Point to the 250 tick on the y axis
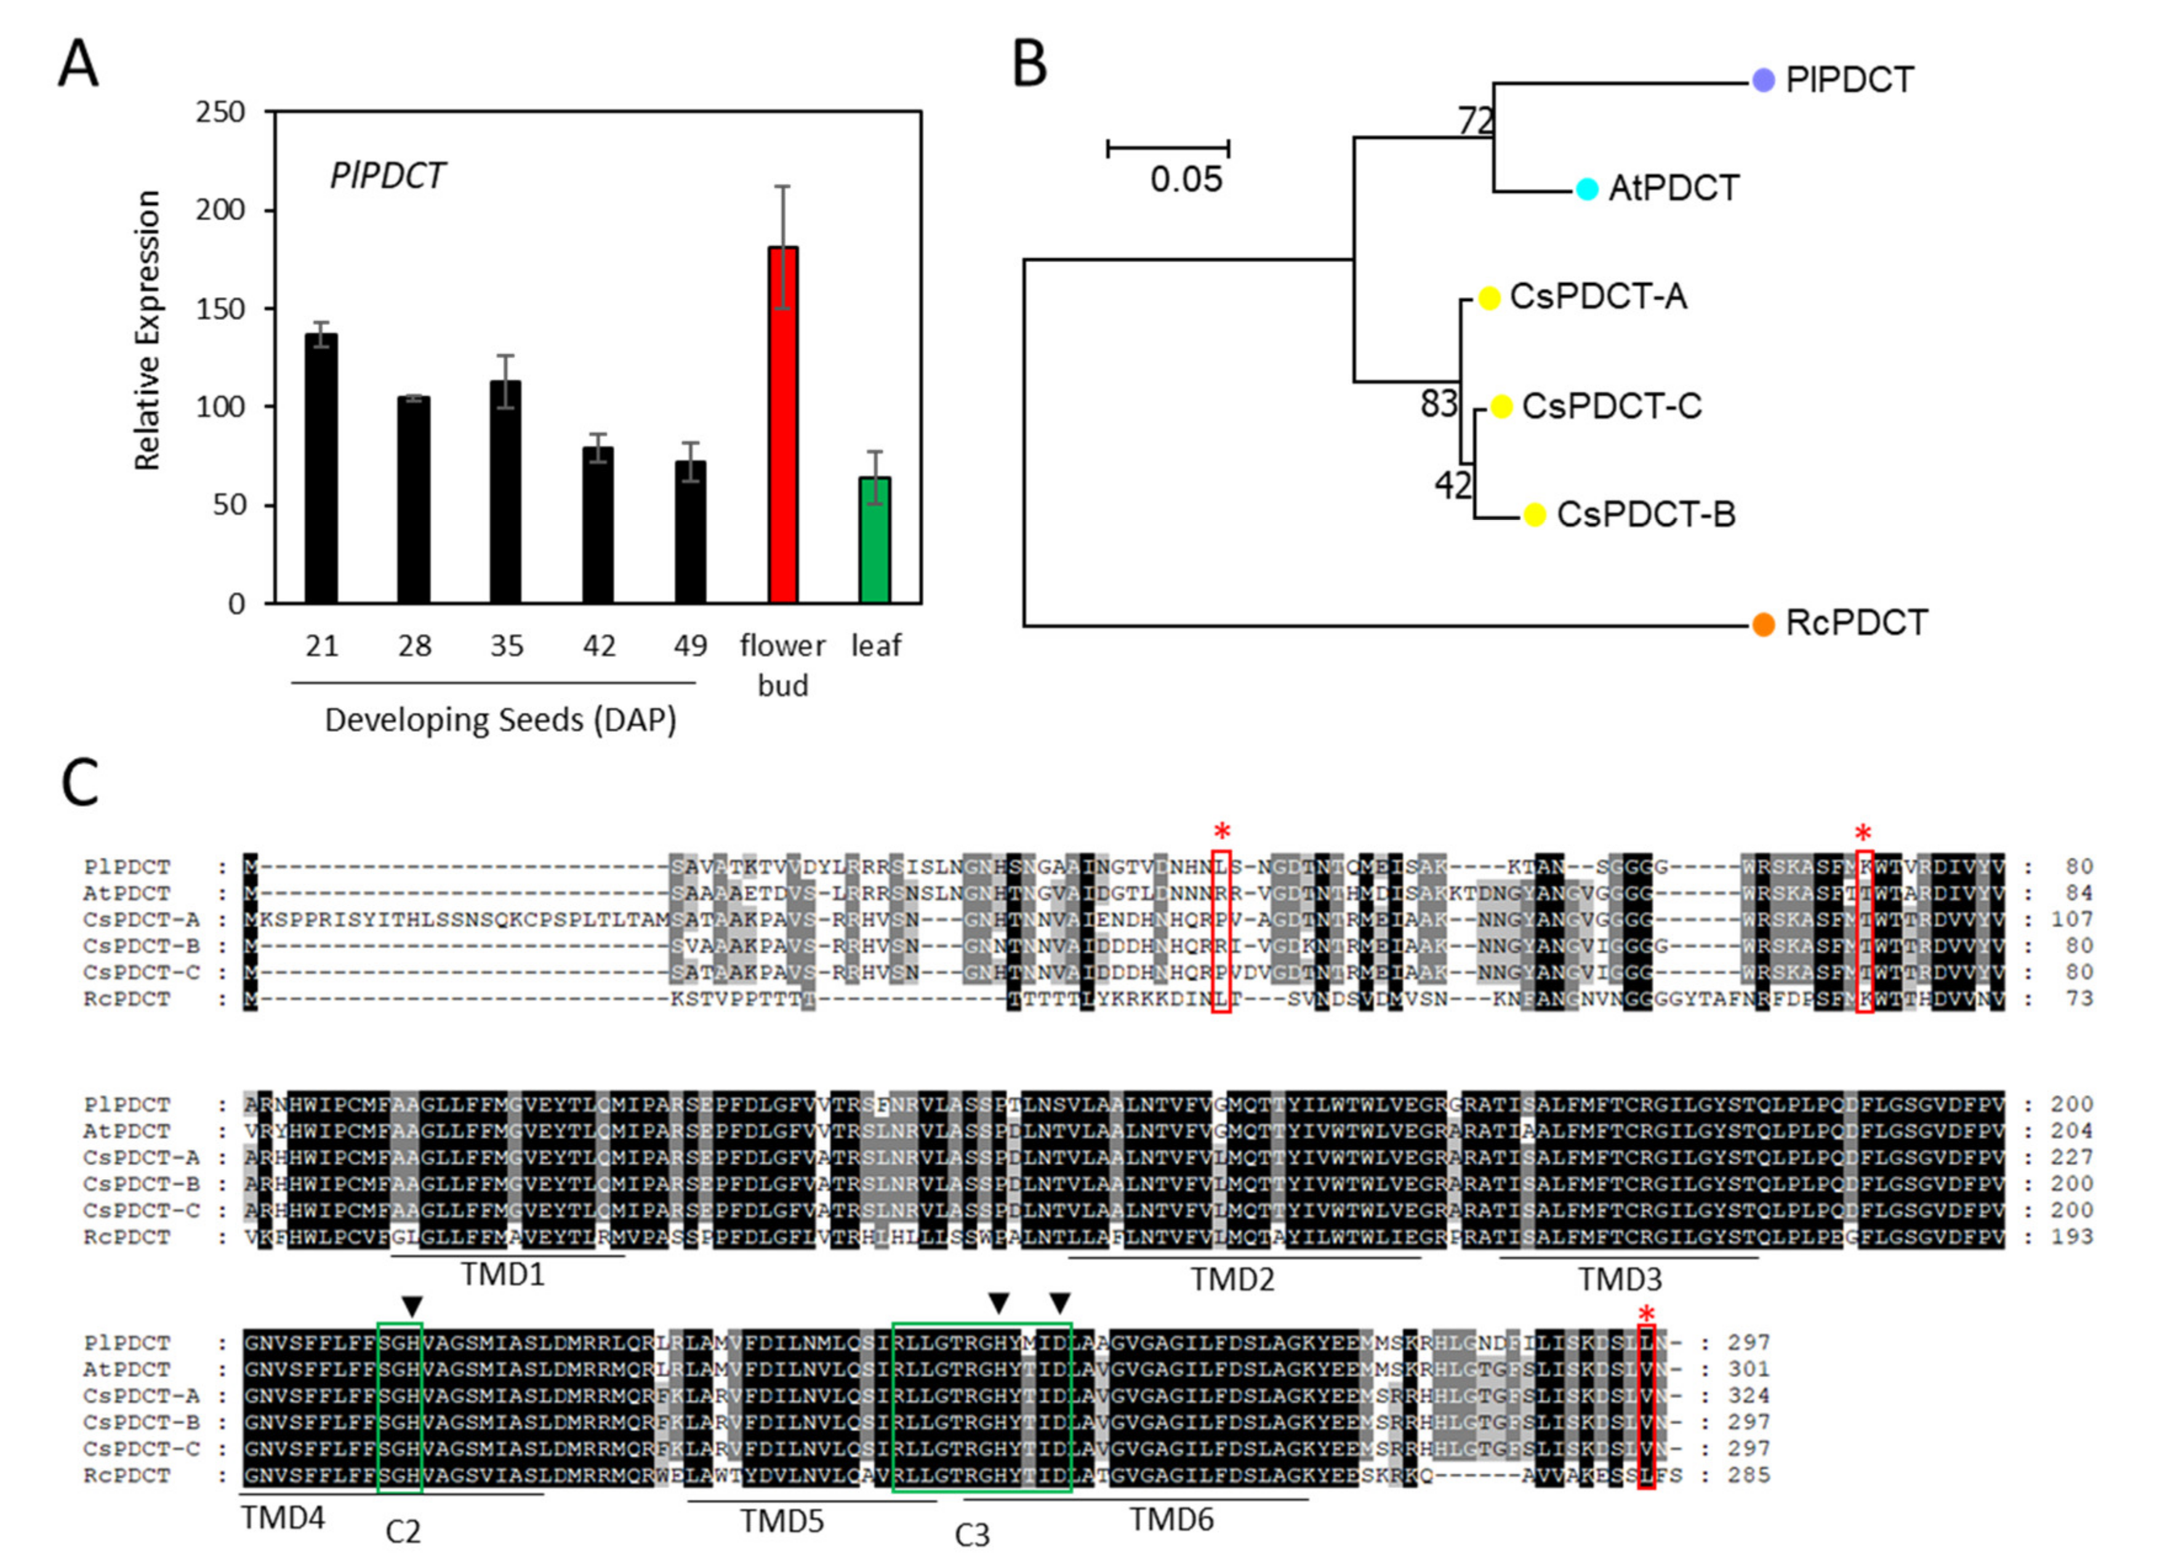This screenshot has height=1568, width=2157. tap(220, 112)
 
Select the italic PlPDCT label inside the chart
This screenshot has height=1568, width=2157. tap(387, 176)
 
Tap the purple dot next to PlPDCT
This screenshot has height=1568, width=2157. tap(1763, 81)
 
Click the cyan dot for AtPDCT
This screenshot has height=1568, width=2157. tap(1586, 189)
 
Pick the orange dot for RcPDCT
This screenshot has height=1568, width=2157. tap(1762, 625)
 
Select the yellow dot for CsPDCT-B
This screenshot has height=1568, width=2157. tap(1534, 514)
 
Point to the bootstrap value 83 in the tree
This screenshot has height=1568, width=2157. tap(1438, 404)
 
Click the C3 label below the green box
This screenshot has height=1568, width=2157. tap(972, 1535)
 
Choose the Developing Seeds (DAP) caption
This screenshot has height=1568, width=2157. tap(500, 720)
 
